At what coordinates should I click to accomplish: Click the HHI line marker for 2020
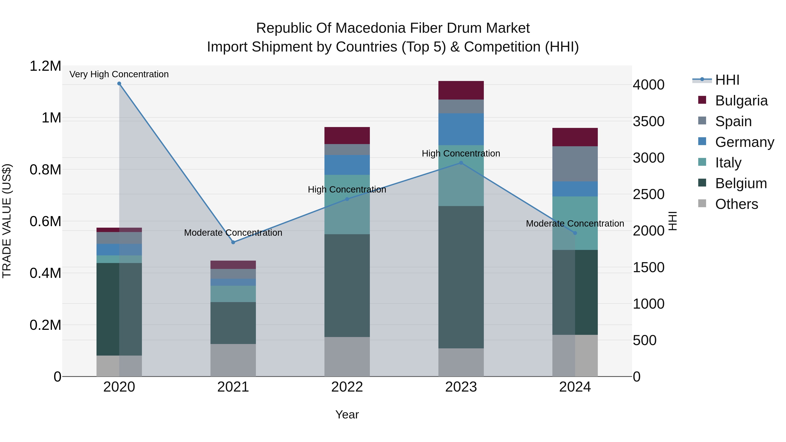pyautogui.click(x=119, y=84)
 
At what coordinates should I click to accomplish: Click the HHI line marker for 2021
pyautogui.click(x=233, y=242)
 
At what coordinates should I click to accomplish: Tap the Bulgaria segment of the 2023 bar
pyautogui.click(x=461, y=90)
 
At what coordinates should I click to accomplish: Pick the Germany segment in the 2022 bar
pyautogui.click(x=347, y=165)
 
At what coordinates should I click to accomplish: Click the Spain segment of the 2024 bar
pyautogui.click(x=575, y=164)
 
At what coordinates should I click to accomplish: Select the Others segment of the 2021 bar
pyautogui.click(x=233, y=360)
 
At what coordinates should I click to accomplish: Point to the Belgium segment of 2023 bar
pyautogui.click(x=461, y=277)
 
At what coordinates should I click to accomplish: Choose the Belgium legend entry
pyautogui.click(x=741, y=183)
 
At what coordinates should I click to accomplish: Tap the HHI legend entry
pyautogui.click(x=727, y=80)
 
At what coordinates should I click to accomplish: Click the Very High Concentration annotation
pyautogui.click(x=119, y=74)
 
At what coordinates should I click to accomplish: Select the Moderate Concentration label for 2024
pyautogui.click(x=575, y=224)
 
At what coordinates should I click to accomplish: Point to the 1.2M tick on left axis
pyautogui.click(x=45, y=66)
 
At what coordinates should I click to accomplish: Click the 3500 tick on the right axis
pyautogui.click(x=648, y=121)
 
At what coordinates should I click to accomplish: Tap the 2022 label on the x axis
pyautogui.click(x=347, y=387)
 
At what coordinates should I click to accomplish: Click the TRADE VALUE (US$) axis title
pyautogui.click(x=7, y=221)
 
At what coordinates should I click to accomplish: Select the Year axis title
pyautogui.click(x=347, y=414)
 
